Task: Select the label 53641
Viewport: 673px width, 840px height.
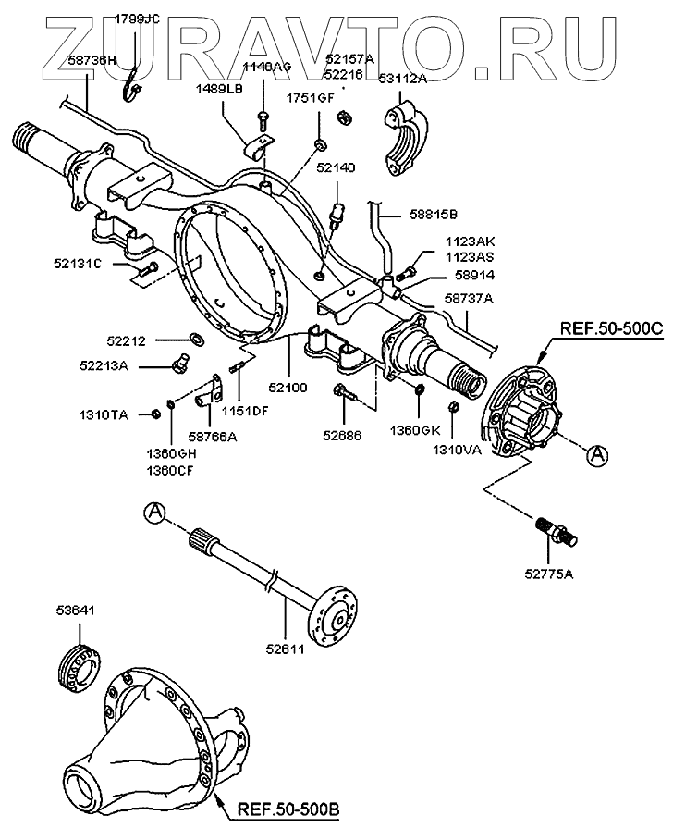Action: click(73, 611)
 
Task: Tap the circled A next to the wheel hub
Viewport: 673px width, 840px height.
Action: click(597, 452)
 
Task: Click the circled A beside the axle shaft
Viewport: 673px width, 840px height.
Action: click(154, 512)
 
